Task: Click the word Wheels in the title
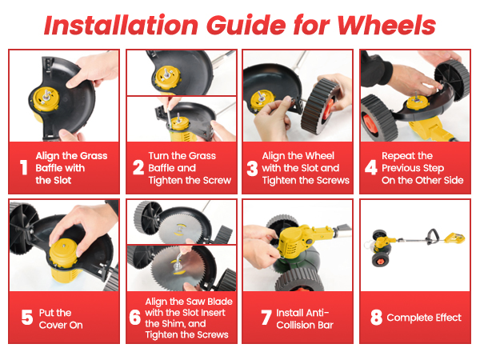[x=386, y=25]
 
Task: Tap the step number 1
[x=23, y=168]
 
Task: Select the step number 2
[x=138, y=168]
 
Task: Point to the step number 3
[x=252, y=168]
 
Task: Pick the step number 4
[x=370, y=168]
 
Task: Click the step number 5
[x=27, y=317]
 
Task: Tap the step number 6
[x=135, y=317]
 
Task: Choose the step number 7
[x=266, y=317]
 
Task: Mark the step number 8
[x=376, y=317]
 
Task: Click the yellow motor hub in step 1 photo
[x=46, y=99]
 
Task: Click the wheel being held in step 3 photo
[x=320, y=106]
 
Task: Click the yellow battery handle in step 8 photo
[x=454, y=238]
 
